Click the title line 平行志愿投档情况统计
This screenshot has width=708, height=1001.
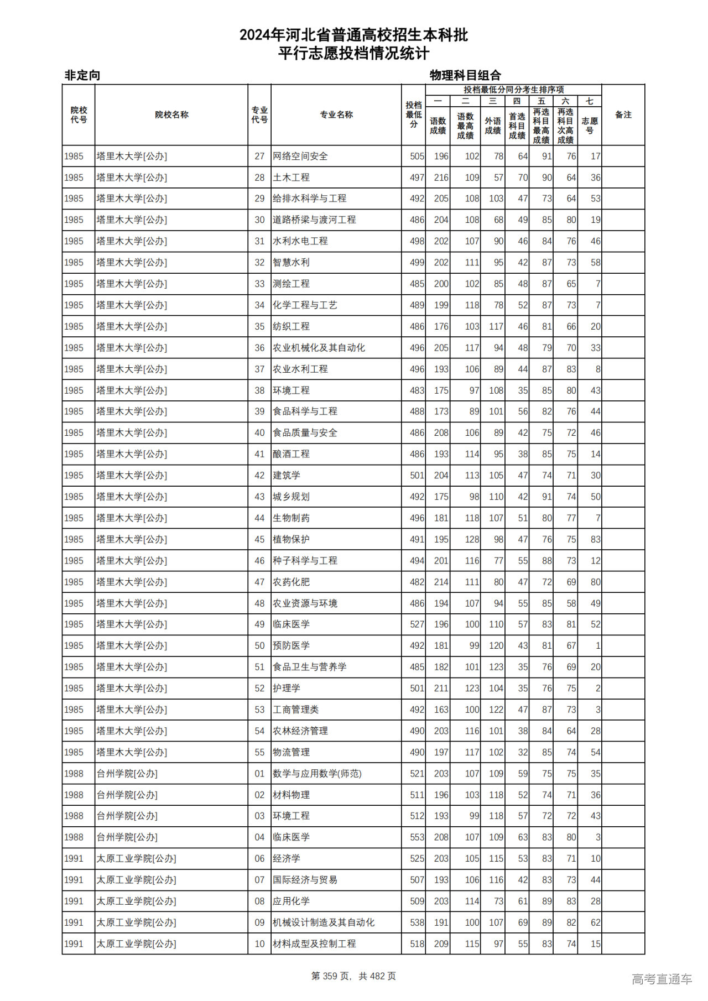353,54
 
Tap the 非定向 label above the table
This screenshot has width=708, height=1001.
82,75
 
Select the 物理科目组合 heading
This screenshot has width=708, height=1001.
465,75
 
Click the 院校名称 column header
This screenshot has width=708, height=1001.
171,115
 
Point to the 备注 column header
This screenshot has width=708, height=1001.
623,115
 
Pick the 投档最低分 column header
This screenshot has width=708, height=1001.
413,114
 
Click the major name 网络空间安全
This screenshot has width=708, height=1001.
300,157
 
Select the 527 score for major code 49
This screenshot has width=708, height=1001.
417,624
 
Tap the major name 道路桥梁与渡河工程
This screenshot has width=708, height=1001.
314,220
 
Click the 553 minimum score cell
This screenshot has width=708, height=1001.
417,837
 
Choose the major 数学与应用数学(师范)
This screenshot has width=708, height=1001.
317,774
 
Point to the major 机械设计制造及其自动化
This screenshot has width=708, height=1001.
324,922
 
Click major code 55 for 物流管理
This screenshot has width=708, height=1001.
259,752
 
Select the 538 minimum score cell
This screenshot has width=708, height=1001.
417,922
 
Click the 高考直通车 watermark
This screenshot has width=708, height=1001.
662,979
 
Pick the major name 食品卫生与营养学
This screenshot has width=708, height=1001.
310,667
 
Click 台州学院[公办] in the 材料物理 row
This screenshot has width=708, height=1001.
127,795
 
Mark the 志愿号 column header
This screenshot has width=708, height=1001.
590,126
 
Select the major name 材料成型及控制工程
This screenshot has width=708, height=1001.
314,943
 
